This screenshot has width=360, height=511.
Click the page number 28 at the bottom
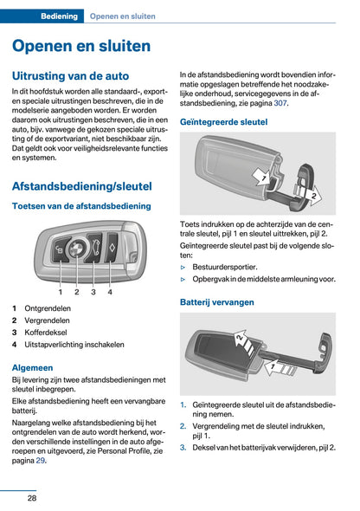(x=31, y=497)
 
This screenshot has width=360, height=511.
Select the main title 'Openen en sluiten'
(x=81, y=46)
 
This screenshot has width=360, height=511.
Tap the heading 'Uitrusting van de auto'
(x=71, y=76)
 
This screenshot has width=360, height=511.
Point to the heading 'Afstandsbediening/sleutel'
(x=82, y=185)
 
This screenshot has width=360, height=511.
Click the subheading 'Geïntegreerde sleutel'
(x=223, y=122)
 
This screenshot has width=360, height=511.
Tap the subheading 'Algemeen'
(x=34, y=367)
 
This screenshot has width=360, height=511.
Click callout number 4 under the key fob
(x=110, y=292)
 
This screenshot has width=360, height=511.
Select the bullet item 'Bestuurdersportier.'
(x=232, y=267)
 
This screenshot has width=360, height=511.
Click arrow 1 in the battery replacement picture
(x=275, y=366)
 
